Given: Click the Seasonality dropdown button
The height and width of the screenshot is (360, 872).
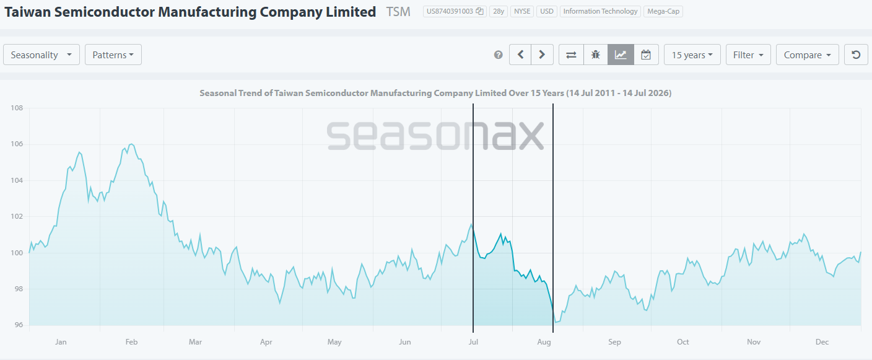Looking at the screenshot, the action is (x=41, y=55).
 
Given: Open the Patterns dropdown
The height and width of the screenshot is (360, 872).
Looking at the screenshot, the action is (x=113, y=55).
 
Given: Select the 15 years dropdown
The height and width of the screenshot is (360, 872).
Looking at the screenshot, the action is (x=692, y=55).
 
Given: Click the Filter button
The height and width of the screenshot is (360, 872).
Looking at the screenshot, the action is (x=748, y=55).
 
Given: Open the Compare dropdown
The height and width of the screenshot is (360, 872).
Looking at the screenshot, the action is (x=808, y=55).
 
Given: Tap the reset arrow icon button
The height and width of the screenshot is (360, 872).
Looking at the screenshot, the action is (x=856, y=55).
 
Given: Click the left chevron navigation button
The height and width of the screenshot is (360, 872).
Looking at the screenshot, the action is (x=520, y=55).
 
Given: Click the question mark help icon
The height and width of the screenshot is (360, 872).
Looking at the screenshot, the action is (x=499, y=55).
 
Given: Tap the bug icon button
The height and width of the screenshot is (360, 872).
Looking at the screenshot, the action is (x=596, y=55).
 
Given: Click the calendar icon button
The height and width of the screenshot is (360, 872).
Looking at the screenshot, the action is (x=646, y=55).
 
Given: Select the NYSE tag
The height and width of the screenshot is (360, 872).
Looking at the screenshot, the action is (x=522, y=11).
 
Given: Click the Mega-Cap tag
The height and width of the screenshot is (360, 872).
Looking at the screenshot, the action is (x=663, y=11).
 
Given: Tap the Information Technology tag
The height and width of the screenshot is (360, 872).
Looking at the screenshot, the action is (x=600, y=11).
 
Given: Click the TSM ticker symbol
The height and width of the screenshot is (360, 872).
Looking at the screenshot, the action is (x=398, y=12).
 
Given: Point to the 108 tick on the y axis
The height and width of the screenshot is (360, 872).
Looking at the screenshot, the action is (x=17, y=108).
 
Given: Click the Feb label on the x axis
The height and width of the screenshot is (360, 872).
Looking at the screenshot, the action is (x=131, y=341).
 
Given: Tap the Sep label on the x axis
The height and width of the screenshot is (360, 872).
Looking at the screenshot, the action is (x=615, y=341).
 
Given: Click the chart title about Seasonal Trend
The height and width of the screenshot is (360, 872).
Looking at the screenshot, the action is (x=435, y=93).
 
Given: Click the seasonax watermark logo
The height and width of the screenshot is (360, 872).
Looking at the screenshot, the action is (x=435, y=135).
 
